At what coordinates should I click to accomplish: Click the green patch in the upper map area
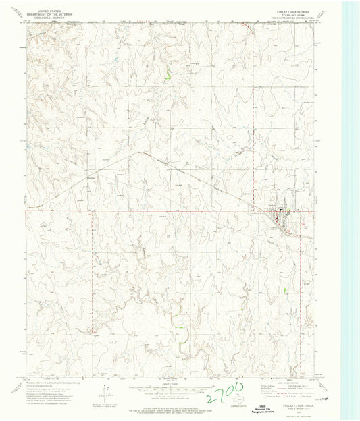click(167, 73)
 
